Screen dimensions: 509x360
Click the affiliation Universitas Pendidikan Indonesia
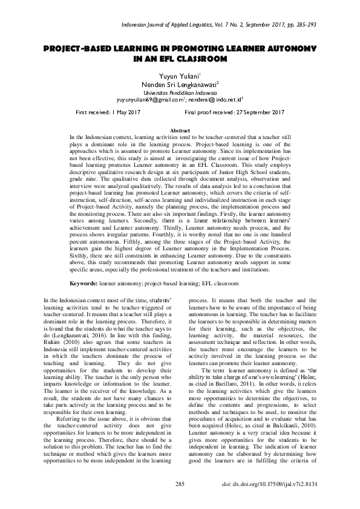click(180, 93)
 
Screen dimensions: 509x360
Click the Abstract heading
click(180, 131)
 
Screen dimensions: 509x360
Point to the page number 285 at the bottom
click(180, 485)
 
